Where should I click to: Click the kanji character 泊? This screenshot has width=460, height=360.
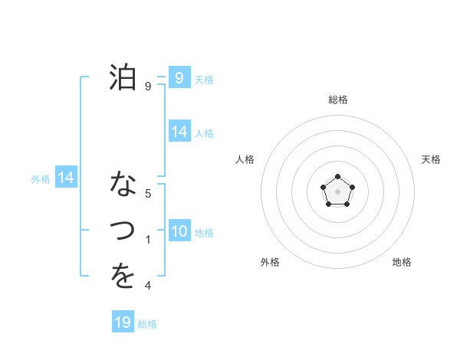coord(123,77)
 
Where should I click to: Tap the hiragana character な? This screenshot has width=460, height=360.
coord(123,185)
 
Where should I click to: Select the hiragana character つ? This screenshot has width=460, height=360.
coord(123,230)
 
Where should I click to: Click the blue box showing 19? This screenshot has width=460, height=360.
coord(123,322)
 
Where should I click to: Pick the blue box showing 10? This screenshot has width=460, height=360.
coord(179,231)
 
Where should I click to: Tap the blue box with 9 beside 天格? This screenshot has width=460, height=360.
coord(179,77)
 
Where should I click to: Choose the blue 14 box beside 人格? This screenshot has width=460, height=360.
coord(179,132)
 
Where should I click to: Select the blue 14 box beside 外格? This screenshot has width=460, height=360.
coord(66,178)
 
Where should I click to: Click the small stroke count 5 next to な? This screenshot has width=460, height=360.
coord(148,194)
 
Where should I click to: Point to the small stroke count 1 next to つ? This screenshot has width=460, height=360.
coord(148,240)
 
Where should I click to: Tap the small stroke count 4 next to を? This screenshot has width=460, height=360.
coord(148,286)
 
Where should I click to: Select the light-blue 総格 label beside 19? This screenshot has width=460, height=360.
coord(147,324)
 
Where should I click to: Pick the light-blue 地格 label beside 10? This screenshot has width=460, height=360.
coord(204,233)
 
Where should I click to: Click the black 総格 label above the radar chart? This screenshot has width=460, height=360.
coord(337,100)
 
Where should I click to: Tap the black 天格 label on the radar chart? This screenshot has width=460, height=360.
coord(431,159)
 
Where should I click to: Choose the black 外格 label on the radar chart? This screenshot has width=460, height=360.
coord(270,262)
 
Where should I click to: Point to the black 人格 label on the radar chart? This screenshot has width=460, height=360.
coord(245,159)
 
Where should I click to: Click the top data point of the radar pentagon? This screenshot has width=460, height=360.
coord(337,177)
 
